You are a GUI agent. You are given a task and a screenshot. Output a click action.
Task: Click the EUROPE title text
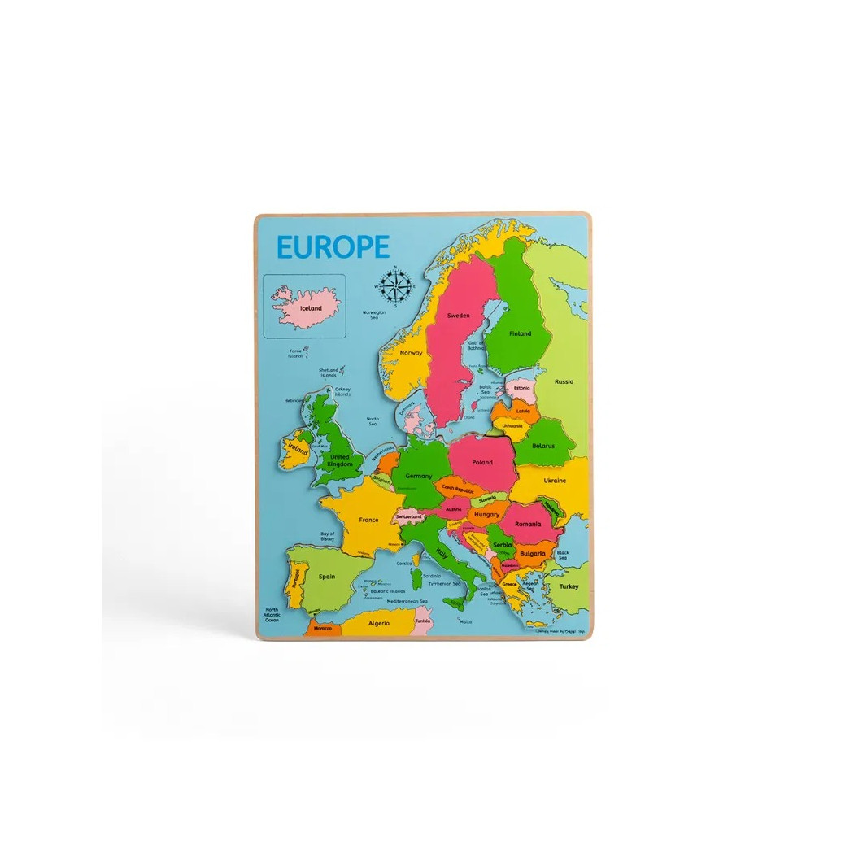[333, 246]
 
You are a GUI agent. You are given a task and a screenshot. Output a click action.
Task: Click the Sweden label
[459, 316]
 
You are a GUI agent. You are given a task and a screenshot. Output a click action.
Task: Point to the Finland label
[520, 333]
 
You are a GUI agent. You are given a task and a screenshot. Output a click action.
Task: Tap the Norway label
[411, 353]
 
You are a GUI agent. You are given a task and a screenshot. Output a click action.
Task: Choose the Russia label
[564, 381]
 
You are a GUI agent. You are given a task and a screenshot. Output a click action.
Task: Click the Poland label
[481, 462]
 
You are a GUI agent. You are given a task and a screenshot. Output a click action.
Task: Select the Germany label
[418, 476]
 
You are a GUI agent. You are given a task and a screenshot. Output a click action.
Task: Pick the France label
[368, 519]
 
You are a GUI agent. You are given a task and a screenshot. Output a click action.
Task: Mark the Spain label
[327, 576]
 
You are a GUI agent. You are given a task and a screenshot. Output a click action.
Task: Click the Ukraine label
[555, 480]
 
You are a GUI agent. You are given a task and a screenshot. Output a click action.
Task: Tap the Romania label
[527, 524]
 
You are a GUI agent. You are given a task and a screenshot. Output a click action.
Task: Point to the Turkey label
[569, 586]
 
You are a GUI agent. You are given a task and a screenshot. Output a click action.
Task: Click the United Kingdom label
[340, 460]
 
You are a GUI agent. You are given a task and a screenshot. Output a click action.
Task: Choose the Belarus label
[542, 445]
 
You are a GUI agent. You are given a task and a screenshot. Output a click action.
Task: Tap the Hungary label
[486, 514]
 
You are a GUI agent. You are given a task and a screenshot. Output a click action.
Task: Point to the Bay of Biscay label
[327, 535]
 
